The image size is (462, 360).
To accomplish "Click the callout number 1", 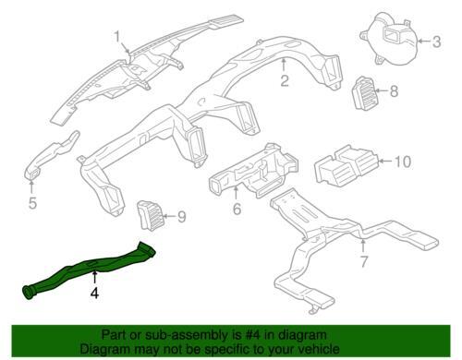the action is [117, 37].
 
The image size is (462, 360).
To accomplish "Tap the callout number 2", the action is [285, 80].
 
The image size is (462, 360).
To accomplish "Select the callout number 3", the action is [436, 42].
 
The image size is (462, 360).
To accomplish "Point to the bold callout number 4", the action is [94, 293].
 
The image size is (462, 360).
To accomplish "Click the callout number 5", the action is [32, 203].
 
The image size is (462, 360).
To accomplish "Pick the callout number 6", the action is [237, 209].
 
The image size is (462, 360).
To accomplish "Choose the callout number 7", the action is [364, 261].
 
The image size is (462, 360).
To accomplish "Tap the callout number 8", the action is [394, 91].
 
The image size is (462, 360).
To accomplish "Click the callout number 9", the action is [182, 217].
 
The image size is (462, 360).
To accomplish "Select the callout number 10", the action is [403, 162].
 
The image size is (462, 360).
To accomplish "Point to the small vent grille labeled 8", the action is [364, 93].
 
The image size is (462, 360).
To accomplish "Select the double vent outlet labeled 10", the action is [345, 166].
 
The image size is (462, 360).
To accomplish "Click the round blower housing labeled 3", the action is [391, 39].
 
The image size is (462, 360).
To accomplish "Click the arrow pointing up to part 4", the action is [95, 277].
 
